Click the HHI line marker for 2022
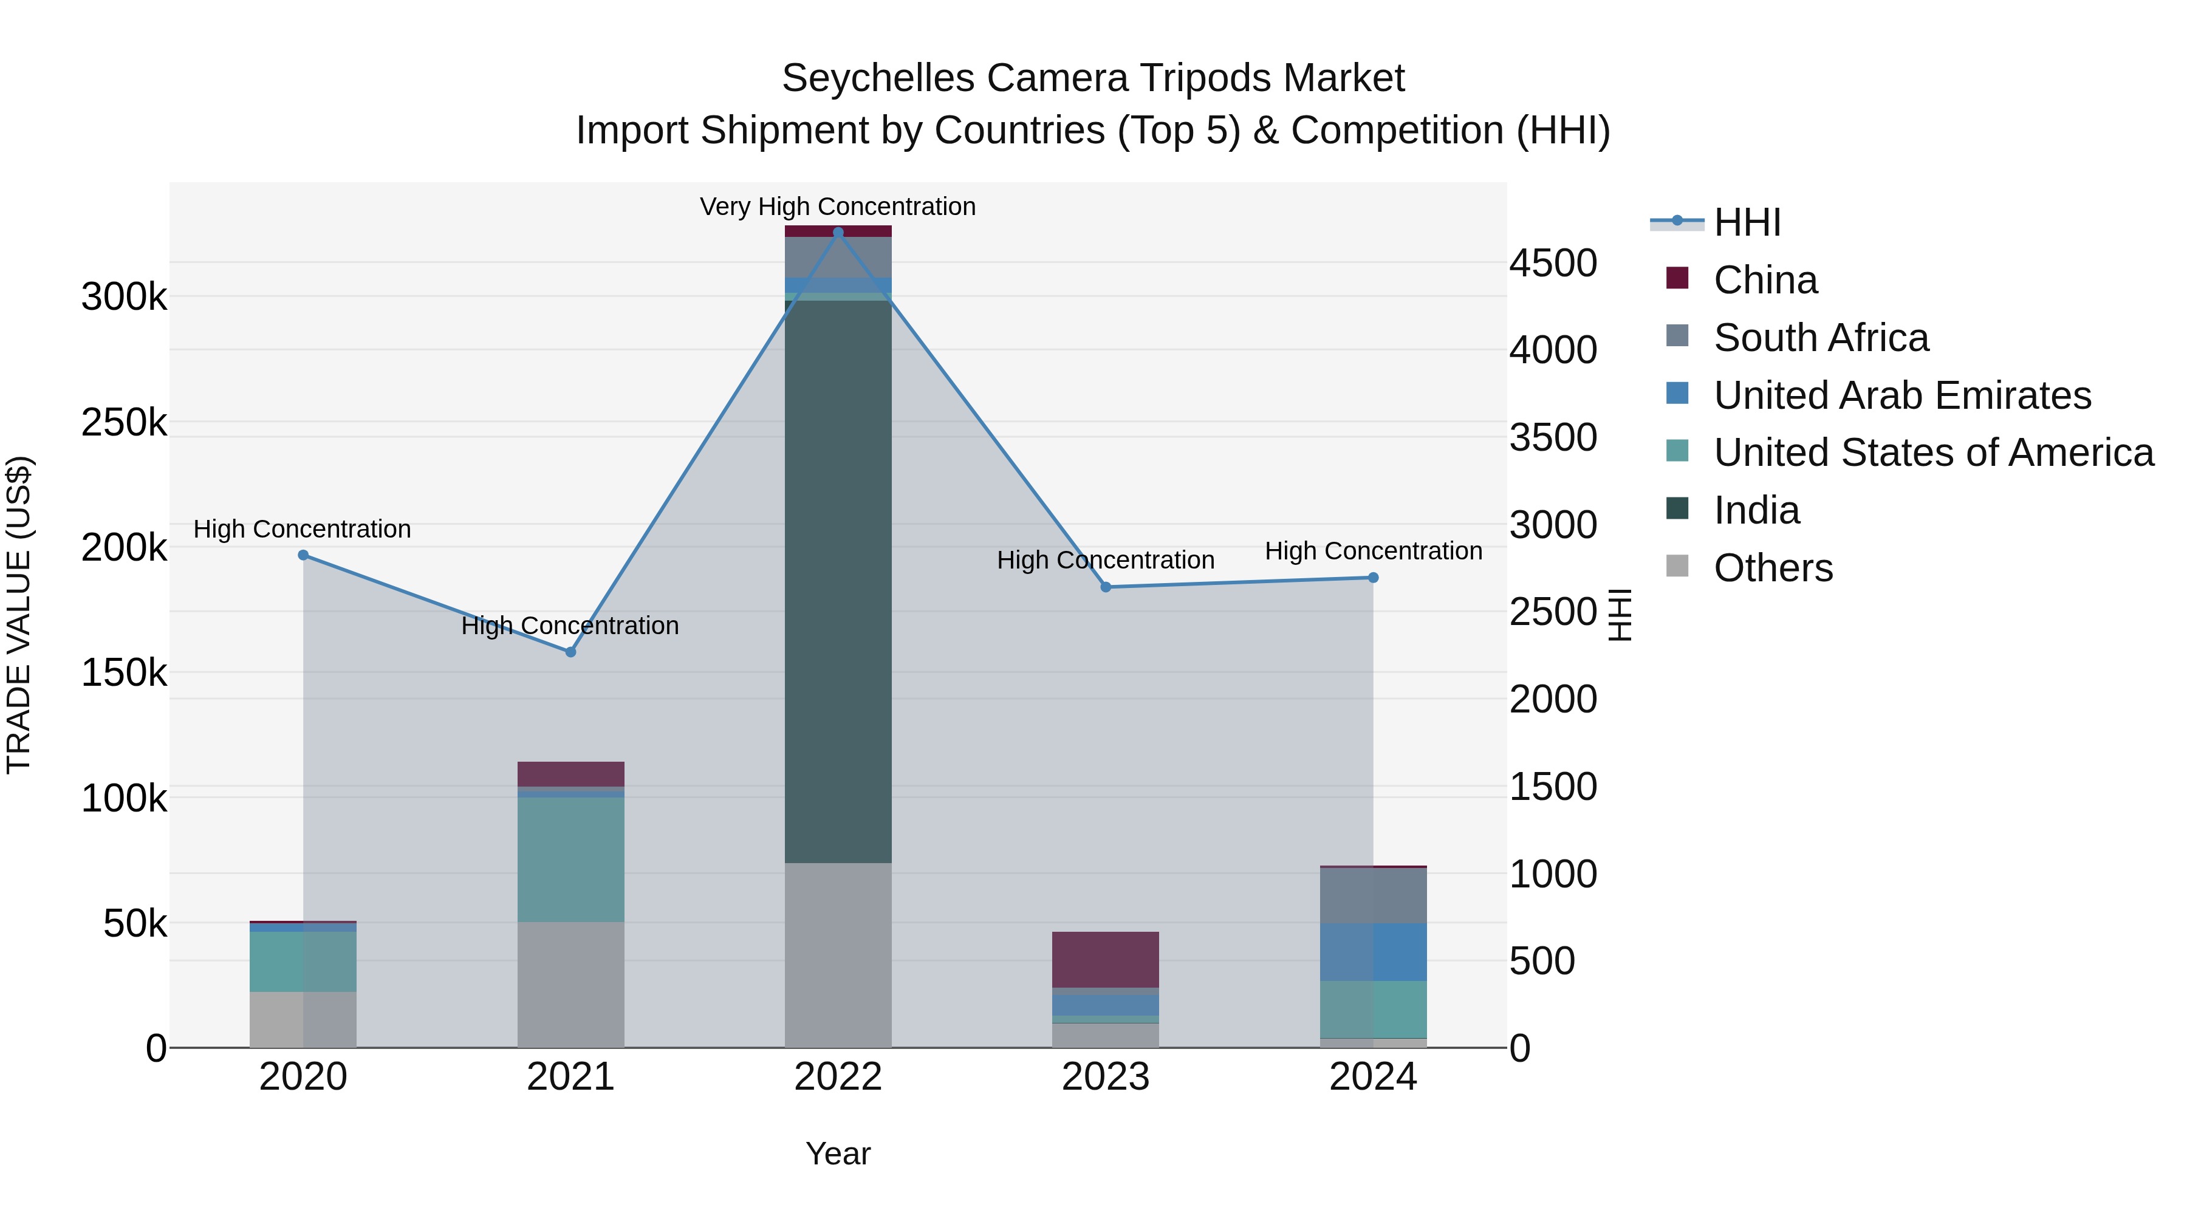(838, 233)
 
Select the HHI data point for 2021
(570, 652)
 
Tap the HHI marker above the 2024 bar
(1373, 578)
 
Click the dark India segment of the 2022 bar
(838, 581)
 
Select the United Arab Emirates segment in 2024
(1373, 952)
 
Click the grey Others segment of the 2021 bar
(570, 984)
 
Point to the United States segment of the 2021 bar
(570, 859)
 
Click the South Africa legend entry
(1821, 338)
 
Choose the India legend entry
(1756, 510)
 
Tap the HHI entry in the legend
(1747, 222)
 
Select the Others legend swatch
(1677, 566)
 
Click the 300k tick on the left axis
(124, 297)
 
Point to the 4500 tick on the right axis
(1553, 263)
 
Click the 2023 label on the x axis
(1106, 1077)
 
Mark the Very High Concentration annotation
(838, 207)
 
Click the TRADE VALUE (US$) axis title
(19, 615)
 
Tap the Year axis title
(838, 1153)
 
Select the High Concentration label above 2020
(303, 529)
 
